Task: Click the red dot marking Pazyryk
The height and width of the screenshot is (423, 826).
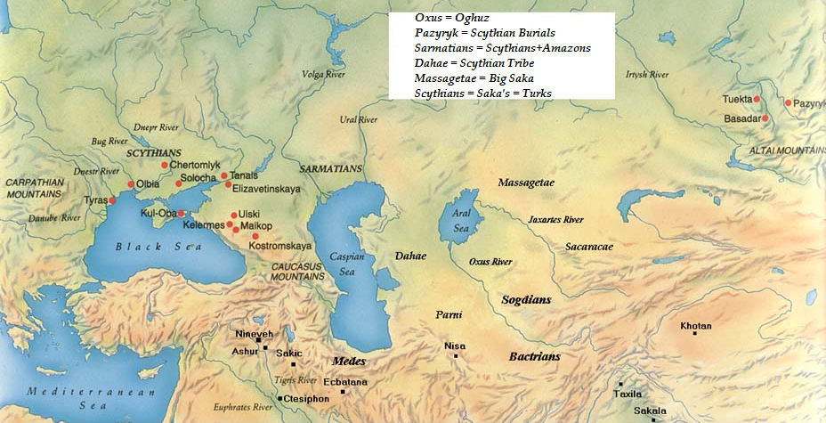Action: tap(788, 103)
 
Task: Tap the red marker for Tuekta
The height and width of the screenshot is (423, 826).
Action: tap(757, 99)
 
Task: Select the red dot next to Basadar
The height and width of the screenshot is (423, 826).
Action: tap(765, 118)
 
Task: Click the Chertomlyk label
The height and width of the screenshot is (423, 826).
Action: tap(194, 165)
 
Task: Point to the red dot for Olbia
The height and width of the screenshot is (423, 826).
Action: tap(131, 184)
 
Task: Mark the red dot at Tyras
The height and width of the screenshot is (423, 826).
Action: tap(112, 200)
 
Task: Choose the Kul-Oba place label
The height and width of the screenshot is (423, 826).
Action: tap(158, 214)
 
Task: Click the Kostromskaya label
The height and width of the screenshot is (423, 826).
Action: tap(280, 245)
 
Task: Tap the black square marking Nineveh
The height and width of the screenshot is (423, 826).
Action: tap(259, 340)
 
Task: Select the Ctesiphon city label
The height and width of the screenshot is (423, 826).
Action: tap(308, 398)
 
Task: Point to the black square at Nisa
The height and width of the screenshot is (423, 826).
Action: tap(456, 356)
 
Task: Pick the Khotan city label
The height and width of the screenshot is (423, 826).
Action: tap(695, 326)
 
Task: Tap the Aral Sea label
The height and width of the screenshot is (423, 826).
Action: tap(460, 222)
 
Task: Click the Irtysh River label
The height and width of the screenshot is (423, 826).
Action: tap(646, 75)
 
